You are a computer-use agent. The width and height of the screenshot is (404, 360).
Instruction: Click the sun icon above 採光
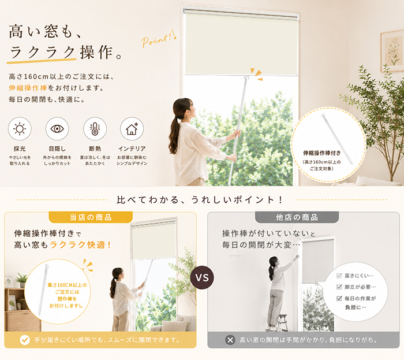(20, 129)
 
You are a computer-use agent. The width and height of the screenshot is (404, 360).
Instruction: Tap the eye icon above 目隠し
(57, 129)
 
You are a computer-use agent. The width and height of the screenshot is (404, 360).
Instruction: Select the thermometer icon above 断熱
(95, 129)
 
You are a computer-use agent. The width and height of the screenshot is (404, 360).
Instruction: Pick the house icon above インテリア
(132, 129)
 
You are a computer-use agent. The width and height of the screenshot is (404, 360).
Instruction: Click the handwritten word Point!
(158, 39)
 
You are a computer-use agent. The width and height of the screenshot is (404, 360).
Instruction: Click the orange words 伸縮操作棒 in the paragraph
(28, 88)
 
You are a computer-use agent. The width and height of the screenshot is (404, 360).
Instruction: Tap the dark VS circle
(202, 277)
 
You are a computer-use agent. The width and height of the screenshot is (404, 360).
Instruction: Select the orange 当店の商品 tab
(91, 217)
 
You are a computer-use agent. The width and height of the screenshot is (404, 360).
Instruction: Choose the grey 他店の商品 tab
(297, 217)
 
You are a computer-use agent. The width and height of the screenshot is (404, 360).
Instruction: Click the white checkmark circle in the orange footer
(25, 340)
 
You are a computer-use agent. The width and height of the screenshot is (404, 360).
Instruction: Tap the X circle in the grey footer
(230, 340)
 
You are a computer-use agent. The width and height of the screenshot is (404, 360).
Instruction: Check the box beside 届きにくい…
(339, 276)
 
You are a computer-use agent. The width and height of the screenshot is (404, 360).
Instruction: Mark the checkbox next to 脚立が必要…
(339, 287)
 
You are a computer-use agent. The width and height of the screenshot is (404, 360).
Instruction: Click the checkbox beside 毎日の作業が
(339, 298)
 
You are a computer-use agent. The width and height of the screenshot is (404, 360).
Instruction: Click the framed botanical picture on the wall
(392, 51)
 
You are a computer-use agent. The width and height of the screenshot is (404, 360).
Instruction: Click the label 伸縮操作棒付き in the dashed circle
(322, 153)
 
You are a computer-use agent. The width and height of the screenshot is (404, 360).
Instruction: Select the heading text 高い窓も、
(46, 32)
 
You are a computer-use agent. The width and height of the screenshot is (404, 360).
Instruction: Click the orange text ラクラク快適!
(80, 245)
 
